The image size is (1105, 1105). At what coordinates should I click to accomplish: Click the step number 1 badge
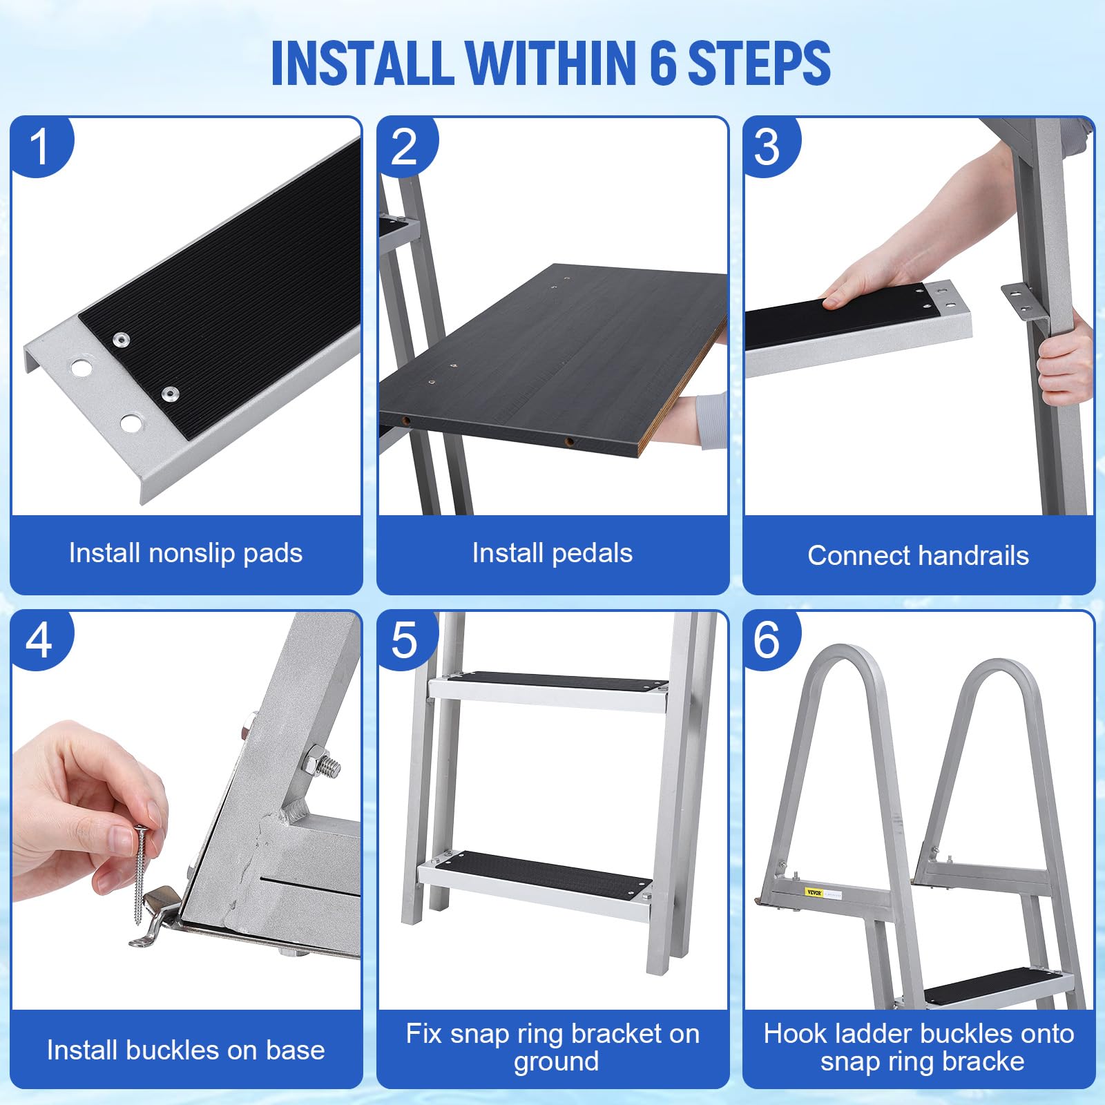(40, 146)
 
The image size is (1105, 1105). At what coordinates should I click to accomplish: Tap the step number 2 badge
(406, 146)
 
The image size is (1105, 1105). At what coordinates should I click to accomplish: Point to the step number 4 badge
(40, 640)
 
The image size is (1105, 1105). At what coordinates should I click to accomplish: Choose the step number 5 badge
(406, 640)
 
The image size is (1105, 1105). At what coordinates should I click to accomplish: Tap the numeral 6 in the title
(663, 63)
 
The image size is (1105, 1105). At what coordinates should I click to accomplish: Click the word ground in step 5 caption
(557, 1062)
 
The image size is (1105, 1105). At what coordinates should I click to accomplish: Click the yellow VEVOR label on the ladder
(814, 892)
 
